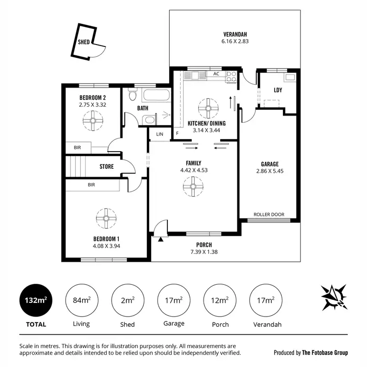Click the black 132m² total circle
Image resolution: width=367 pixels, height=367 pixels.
click(x=36, y=300)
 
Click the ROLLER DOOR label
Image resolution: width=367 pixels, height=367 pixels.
click(x=269, y=214)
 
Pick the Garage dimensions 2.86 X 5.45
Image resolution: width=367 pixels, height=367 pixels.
click(x=270, y=171)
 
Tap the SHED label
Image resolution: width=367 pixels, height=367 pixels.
click(x=84, y=42)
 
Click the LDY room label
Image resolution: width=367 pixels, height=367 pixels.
click(x=278, y=90)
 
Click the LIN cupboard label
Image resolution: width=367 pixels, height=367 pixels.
click(x=160, y=134)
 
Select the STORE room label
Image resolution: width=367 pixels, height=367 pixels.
click(x=106, y=166)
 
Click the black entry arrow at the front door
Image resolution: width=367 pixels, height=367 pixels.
click(x=161, y=239)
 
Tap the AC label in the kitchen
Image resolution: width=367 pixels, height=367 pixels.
click(x=216, y=74)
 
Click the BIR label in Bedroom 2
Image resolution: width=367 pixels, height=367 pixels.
click(x=77, y=147)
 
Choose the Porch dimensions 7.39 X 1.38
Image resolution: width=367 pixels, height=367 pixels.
click(x=204, y=252)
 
